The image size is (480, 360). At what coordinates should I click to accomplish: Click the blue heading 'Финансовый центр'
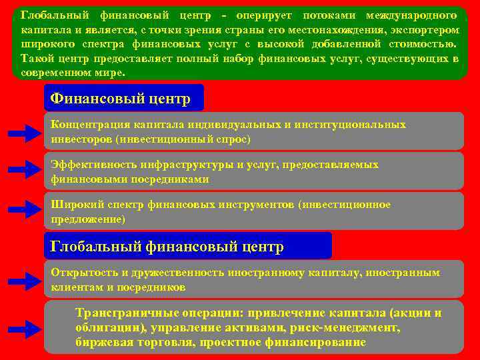tap(121, 99)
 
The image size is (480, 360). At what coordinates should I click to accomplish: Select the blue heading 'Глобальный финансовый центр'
tap(167, 247)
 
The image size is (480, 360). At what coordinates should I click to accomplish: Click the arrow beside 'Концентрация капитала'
tap(25, 134)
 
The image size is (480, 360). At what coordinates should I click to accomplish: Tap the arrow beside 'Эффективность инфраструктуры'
tap(25, 171)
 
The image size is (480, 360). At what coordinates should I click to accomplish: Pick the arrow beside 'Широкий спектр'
tap(25, 211)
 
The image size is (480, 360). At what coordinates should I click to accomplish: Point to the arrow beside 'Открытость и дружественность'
tap(25, 281)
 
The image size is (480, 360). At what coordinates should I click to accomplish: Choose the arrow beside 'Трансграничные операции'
tap(25, 329)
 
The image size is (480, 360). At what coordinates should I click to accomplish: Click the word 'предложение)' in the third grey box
tap(87, 219)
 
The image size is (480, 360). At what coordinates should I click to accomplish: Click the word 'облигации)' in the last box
tap(111, 327)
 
